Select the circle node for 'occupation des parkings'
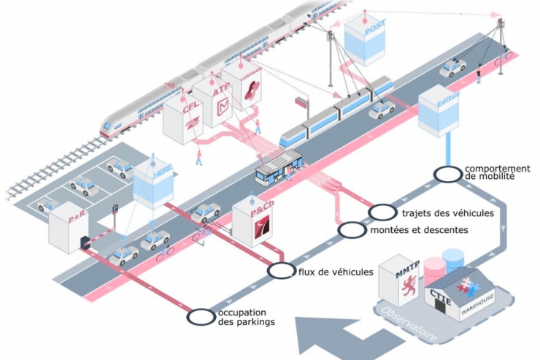[200, 317]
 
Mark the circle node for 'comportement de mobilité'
[445, 174]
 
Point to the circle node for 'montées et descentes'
[352, 230]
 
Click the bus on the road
[277, 167]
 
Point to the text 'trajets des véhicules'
[447, 213]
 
